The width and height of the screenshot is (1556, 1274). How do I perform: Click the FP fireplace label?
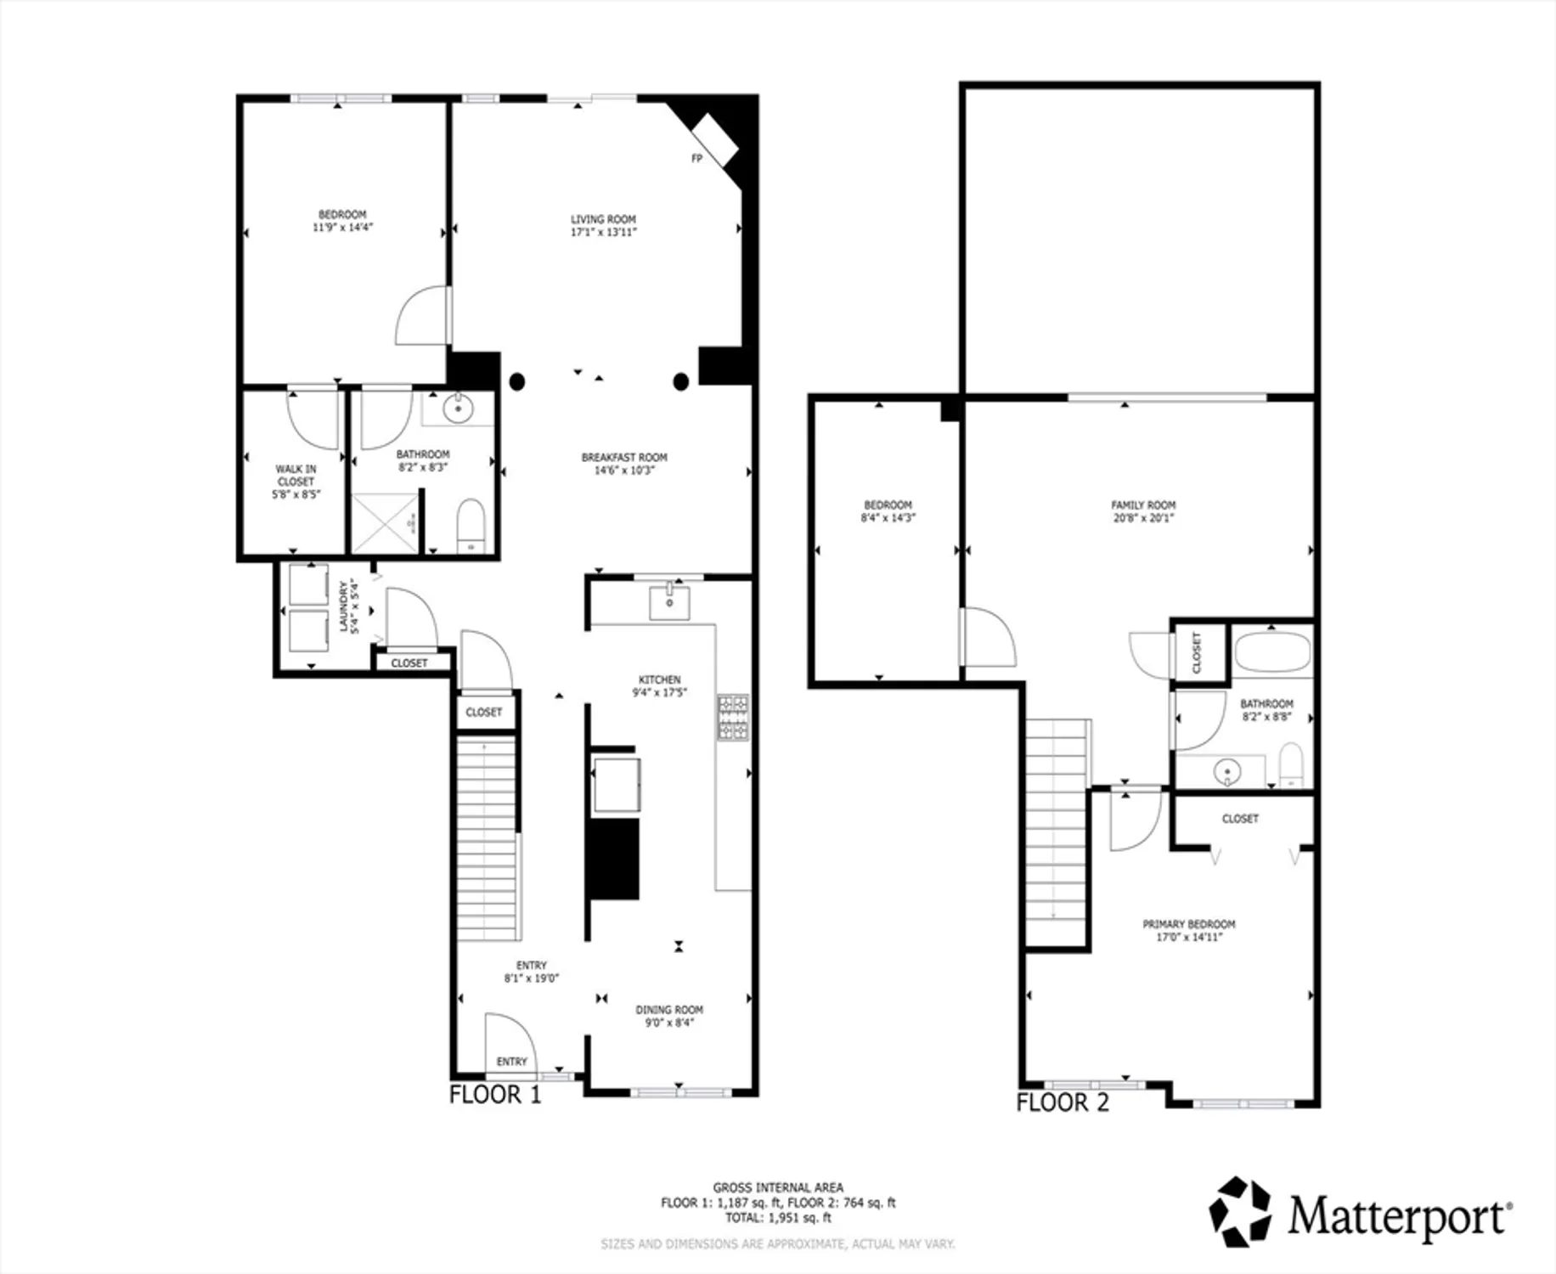coord(696,159)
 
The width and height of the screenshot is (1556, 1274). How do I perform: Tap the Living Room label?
coord(603,219)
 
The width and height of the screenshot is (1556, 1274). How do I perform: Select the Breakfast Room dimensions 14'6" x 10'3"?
coord(624,471)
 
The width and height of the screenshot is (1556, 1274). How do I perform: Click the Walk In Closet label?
coord(296,475)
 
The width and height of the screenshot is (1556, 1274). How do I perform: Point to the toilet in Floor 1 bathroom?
coord(471,526)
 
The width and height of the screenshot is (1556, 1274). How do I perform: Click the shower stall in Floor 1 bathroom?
coord(386,524)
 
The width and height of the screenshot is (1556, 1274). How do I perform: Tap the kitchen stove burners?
coord(733,717)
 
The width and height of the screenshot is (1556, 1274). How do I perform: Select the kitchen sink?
coord(669,602)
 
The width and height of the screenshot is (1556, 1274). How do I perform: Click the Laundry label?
coord(344,606)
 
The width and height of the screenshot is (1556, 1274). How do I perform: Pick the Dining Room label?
coord(669,1010)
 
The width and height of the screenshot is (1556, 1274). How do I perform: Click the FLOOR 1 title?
coord(495,1094)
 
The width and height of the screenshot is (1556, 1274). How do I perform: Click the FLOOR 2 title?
coord(1063,1102)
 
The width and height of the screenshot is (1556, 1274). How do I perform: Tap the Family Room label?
coord(1143,505)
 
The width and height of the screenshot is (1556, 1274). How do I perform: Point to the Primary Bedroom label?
coord(1189,924)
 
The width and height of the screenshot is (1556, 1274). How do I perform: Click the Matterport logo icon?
coord(1240,1211)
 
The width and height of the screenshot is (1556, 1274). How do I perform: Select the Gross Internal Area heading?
coord(778,1187)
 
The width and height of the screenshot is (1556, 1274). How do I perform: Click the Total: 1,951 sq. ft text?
coord(778,1218)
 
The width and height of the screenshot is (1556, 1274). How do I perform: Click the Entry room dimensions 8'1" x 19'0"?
coord(532,978)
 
